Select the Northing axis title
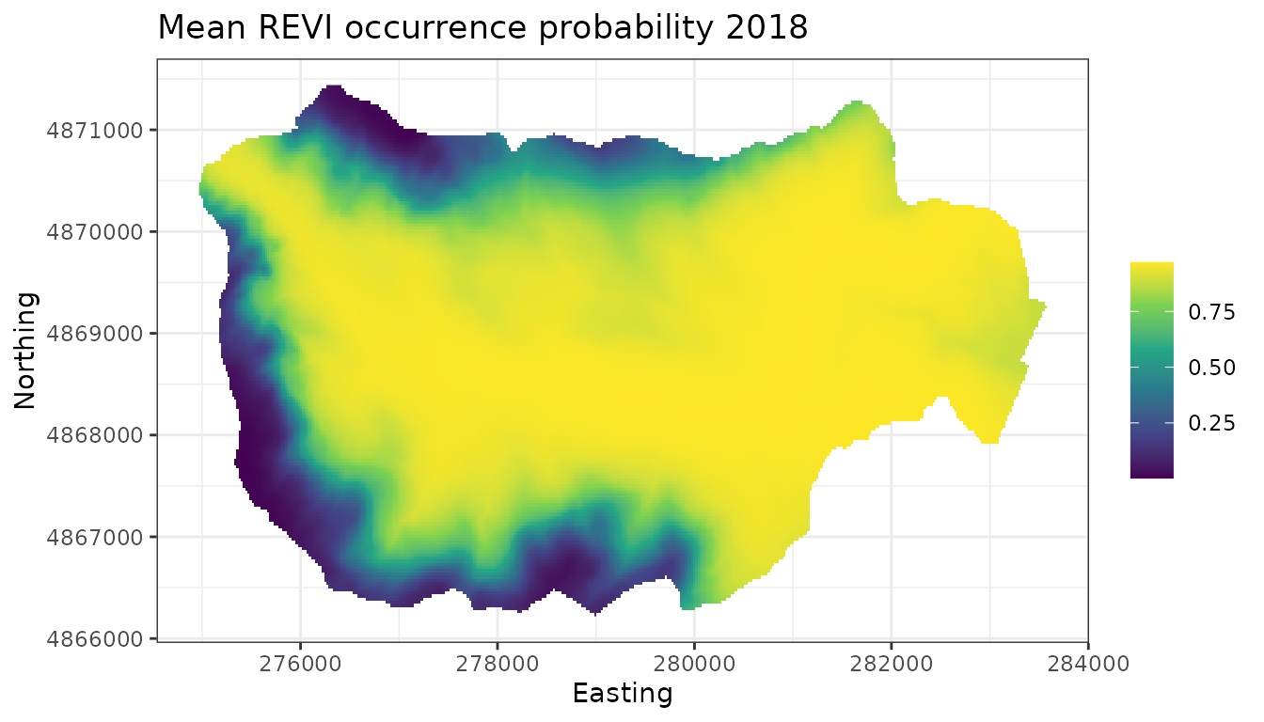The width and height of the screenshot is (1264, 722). tap(25, 350)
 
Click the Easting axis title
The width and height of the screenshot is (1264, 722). tap(623, 694)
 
